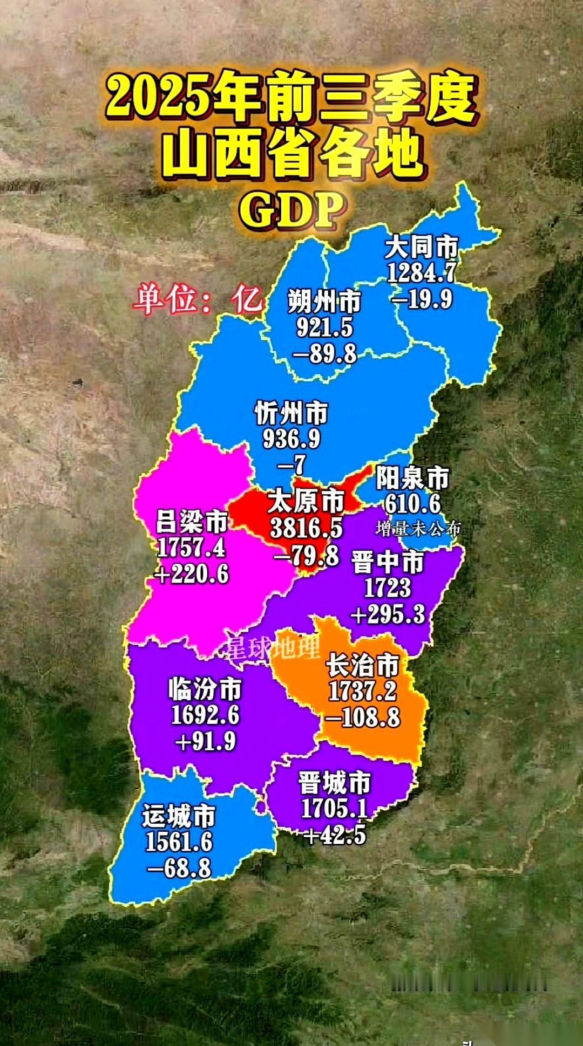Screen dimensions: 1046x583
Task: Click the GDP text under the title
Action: [x=292, y=210]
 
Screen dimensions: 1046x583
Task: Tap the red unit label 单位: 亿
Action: [x=198, y=298]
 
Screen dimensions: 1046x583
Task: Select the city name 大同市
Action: [x=422, y=248]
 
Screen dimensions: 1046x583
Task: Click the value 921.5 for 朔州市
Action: [x=324, y=327]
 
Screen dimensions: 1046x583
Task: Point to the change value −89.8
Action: [x=324, y=354]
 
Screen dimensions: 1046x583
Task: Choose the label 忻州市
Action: [x=291, y=414]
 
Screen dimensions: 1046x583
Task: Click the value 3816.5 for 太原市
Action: [x=306, y=528]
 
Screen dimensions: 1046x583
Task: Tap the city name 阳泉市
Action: [x=412, y=478]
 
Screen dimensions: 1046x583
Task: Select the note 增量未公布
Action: [x=418, y=529]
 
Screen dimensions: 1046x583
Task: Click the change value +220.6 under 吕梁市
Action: [x=191, y=574]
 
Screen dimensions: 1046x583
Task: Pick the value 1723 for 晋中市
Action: [x=388, y=588]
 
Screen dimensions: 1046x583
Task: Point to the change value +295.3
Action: [x=388, y=614]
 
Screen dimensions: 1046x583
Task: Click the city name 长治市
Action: [x=363, y=666]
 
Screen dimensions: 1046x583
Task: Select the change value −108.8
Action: [x=363, y=718]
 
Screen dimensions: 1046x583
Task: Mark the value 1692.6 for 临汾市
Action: [x=205, y=715]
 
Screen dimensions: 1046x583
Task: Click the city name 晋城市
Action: [x=335, y=783]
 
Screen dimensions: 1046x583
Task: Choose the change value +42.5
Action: [x=335, y=836]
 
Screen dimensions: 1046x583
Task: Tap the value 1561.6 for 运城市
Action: [x=179, y=842]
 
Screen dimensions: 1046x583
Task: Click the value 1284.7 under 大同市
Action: [x=422, y=273]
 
